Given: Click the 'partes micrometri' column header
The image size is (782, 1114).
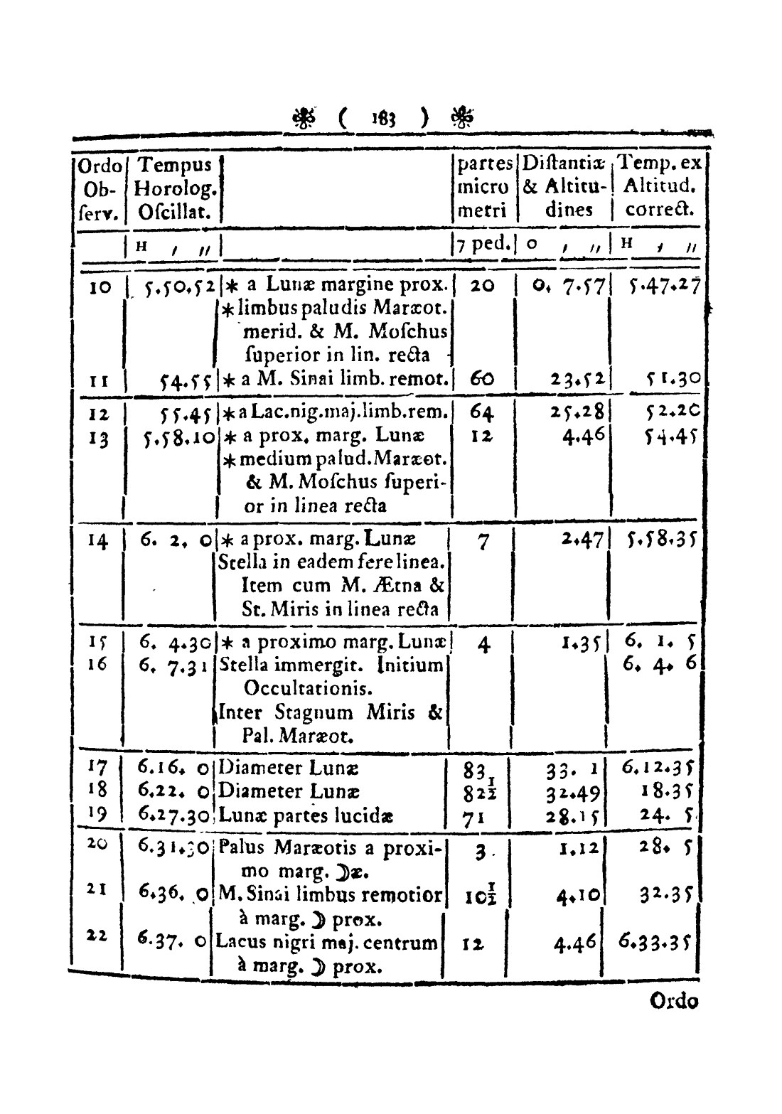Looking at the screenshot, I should (484, 188).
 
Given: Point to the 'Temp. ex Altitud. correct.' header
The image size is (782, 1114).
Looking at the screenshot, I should (660, 188).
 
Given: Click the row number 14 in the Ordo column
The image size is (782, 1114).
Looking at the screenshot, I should (99, 541).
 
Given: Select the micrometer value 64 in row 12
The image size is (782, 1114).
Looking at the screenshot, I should (483, 412).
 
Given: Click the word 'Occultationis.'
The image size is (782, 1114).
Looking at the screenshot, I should (299, 689).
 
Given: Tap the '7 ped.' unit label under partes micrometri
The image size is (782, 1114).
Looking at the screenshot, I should (486, 243).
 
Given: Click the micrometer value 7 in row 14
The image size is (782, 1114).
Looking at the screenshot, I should (483, 542).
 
